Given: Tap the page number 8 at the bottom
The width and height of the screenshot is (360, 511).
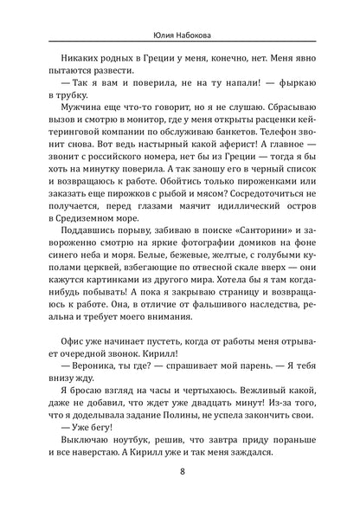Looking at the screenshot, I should coord(181,474).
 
